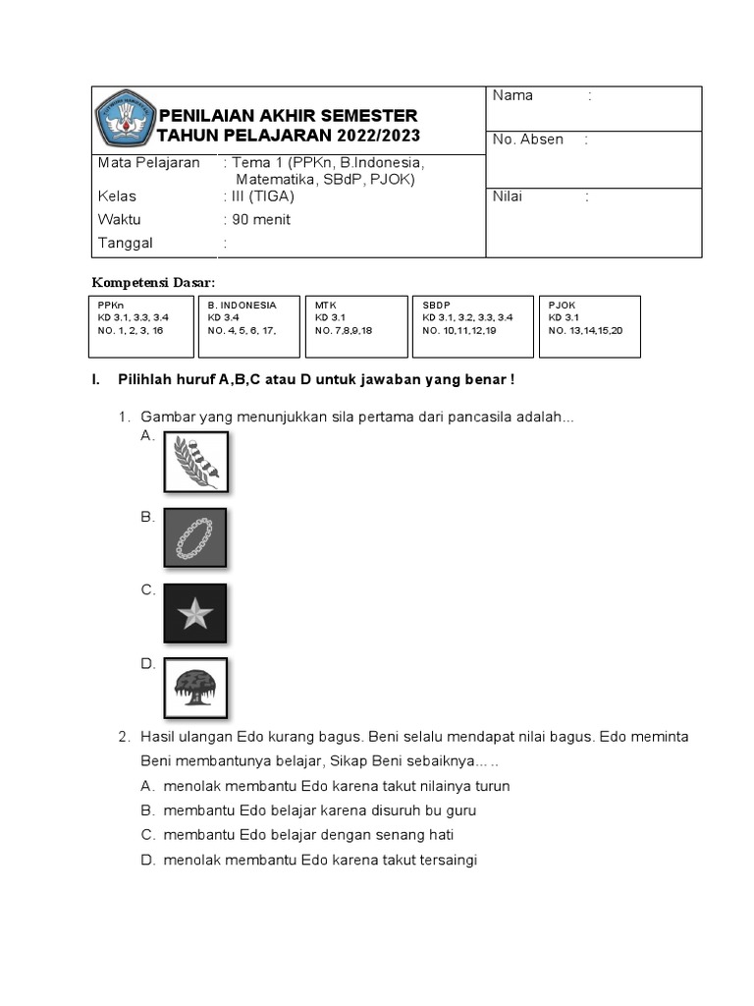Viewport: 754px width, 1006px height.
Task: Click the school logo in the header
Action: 124,118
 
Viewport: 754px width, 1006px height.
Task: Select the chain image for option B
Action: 195,538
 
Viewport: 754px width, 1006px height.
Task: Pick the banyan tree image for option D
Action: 195,688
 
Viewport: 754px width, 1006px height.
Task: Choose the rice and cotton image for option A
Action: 195,462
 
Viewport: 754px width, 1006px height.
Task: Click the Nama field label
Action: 512,95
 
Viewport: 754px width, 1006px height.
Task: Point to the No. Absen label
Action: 528,140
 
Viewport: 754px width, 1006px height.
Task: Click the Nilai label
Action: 508,196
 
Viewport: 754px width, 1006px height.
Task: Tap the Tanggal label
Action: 126,243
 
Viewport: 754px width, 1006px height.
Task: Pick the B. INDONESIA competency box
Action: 249,326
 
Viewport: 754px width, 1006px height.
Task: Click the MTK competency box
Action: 356,326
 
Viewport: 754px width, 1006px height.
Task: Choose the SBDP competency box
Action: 472,326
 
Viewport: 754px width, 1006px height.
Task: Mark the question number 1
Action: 125,418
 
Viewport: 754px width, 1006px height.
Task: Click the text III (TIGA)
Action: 262,196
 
